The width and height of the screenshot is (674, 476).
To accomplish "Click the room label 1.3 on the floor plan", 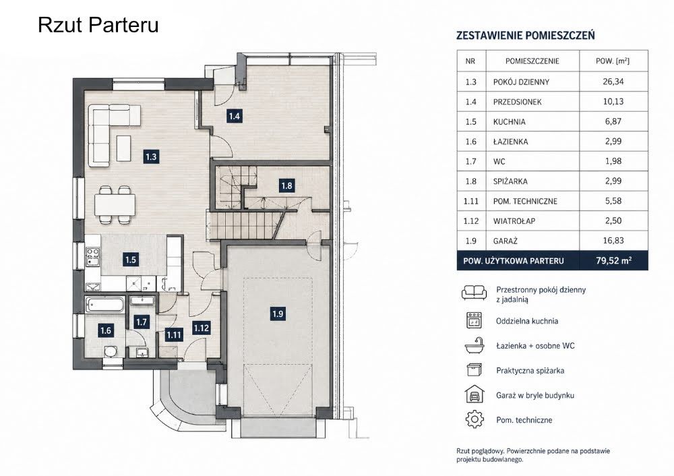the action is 151,156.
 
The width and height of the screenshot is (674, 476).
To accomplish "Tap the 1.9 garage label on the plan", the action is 278,314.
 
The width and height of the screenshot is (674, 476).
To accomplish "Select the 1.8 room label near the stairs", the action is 286,186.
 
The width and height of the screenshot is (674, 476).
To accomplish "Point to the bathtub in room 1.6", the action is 105,305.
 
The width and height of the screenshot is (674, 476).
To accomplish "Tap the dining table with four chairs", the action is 114,205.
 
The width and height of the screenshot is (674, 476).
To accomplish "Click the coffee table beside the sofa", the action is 123,148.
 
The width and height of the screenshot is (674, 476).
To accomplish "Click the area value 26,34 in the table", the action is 613,82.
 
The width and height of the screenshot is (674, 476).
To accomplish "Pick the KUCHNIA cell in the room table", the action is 509,121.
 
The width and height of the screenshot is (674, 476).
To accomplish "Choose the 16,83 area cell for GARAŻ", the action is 613,241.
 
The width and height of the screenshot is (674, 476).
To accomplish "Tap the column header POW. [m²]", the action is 613,61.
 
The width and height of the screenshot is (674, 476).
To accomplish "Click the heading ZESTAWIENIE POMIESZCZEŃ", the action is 525,35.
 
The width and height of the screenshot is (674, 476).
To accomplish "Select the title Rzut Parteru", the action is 98,24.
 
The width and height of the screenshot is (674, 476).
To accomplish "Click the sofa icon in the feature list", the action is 474,293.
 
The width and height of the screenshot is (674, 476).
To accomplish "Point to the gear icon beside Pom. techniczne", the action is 474,419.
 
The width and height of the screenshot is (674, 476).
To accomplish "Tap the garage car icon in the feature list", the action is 474,394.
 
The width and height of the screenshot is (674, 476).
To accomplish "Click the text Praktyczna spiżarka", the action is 530,371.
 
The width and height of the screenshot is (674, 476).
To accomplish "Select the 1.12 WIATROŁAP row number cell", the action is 470,221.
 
